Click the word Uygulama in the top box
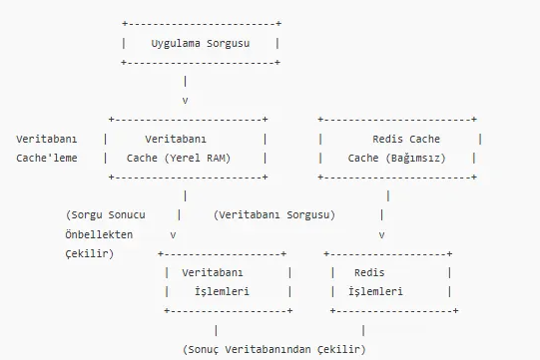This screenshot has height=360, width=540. [x=175, y=43]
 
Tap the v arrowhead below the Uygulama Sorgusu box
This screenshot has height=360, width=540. [x=186, y=101]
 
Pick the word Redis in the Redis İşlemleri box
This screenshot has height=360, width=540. [x=371, y=272]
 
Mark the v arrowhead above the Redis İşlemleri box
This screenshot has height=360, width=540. [x=381, y=234]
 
